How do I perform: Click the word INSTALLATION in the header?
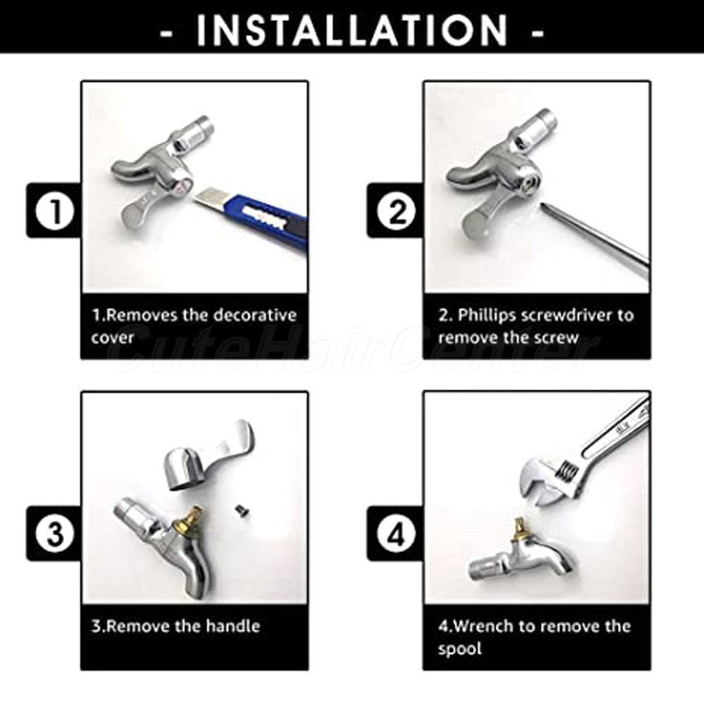tap(352, 30)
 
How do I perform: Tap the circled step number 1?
tap(55, 211)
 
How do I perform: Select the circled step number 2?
tap(396, 211)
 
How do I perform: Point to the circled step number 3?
tap(55, 534)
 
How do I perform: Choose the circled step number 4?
tap(396, 534)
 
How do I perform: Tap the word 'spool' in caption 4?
tap(460, 649)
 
